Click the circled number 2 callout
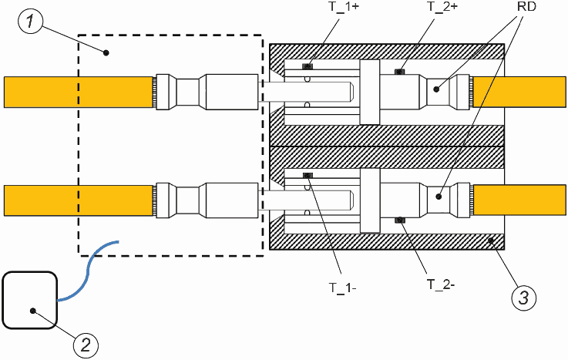tap(86, 345)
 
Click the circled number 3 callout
tap(524, 298)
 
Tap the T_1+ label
tap(344, 6)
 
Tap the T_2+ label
tap(442, 6)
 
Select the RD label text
tap(526, 6)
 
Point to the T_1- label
tap(343, 288)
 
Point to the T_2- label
tap(441, 284)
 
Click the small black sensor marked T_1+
tap(308, 66)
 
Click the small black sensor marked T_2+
tap(399, 72)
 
